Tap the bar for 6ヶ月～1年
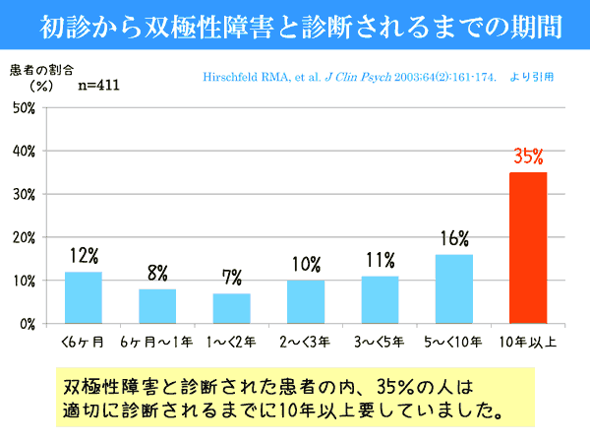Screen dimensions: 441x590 tap(157, 306)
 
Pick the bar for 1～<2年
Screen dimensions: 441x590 tap(232, 308)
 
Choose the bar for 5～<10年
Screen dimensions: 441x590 tap(454, 288)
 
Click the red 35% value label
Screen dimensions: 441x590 tap(528, 157)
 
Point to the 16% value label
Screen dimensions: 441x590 tap(454, 239)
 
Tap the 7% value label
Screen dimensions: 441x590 tap(232, 278)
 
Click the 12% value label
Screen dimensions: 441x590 tap(84, 256)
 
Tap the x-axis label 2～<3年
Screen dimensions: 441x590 tap(306, 344)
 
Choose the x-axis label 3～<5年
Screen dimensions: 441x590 tap(381, 344)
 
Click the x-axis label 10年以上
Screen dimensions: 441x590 tap(529, 344)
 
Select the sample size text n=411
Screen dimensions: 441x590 tap(102, 86)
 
